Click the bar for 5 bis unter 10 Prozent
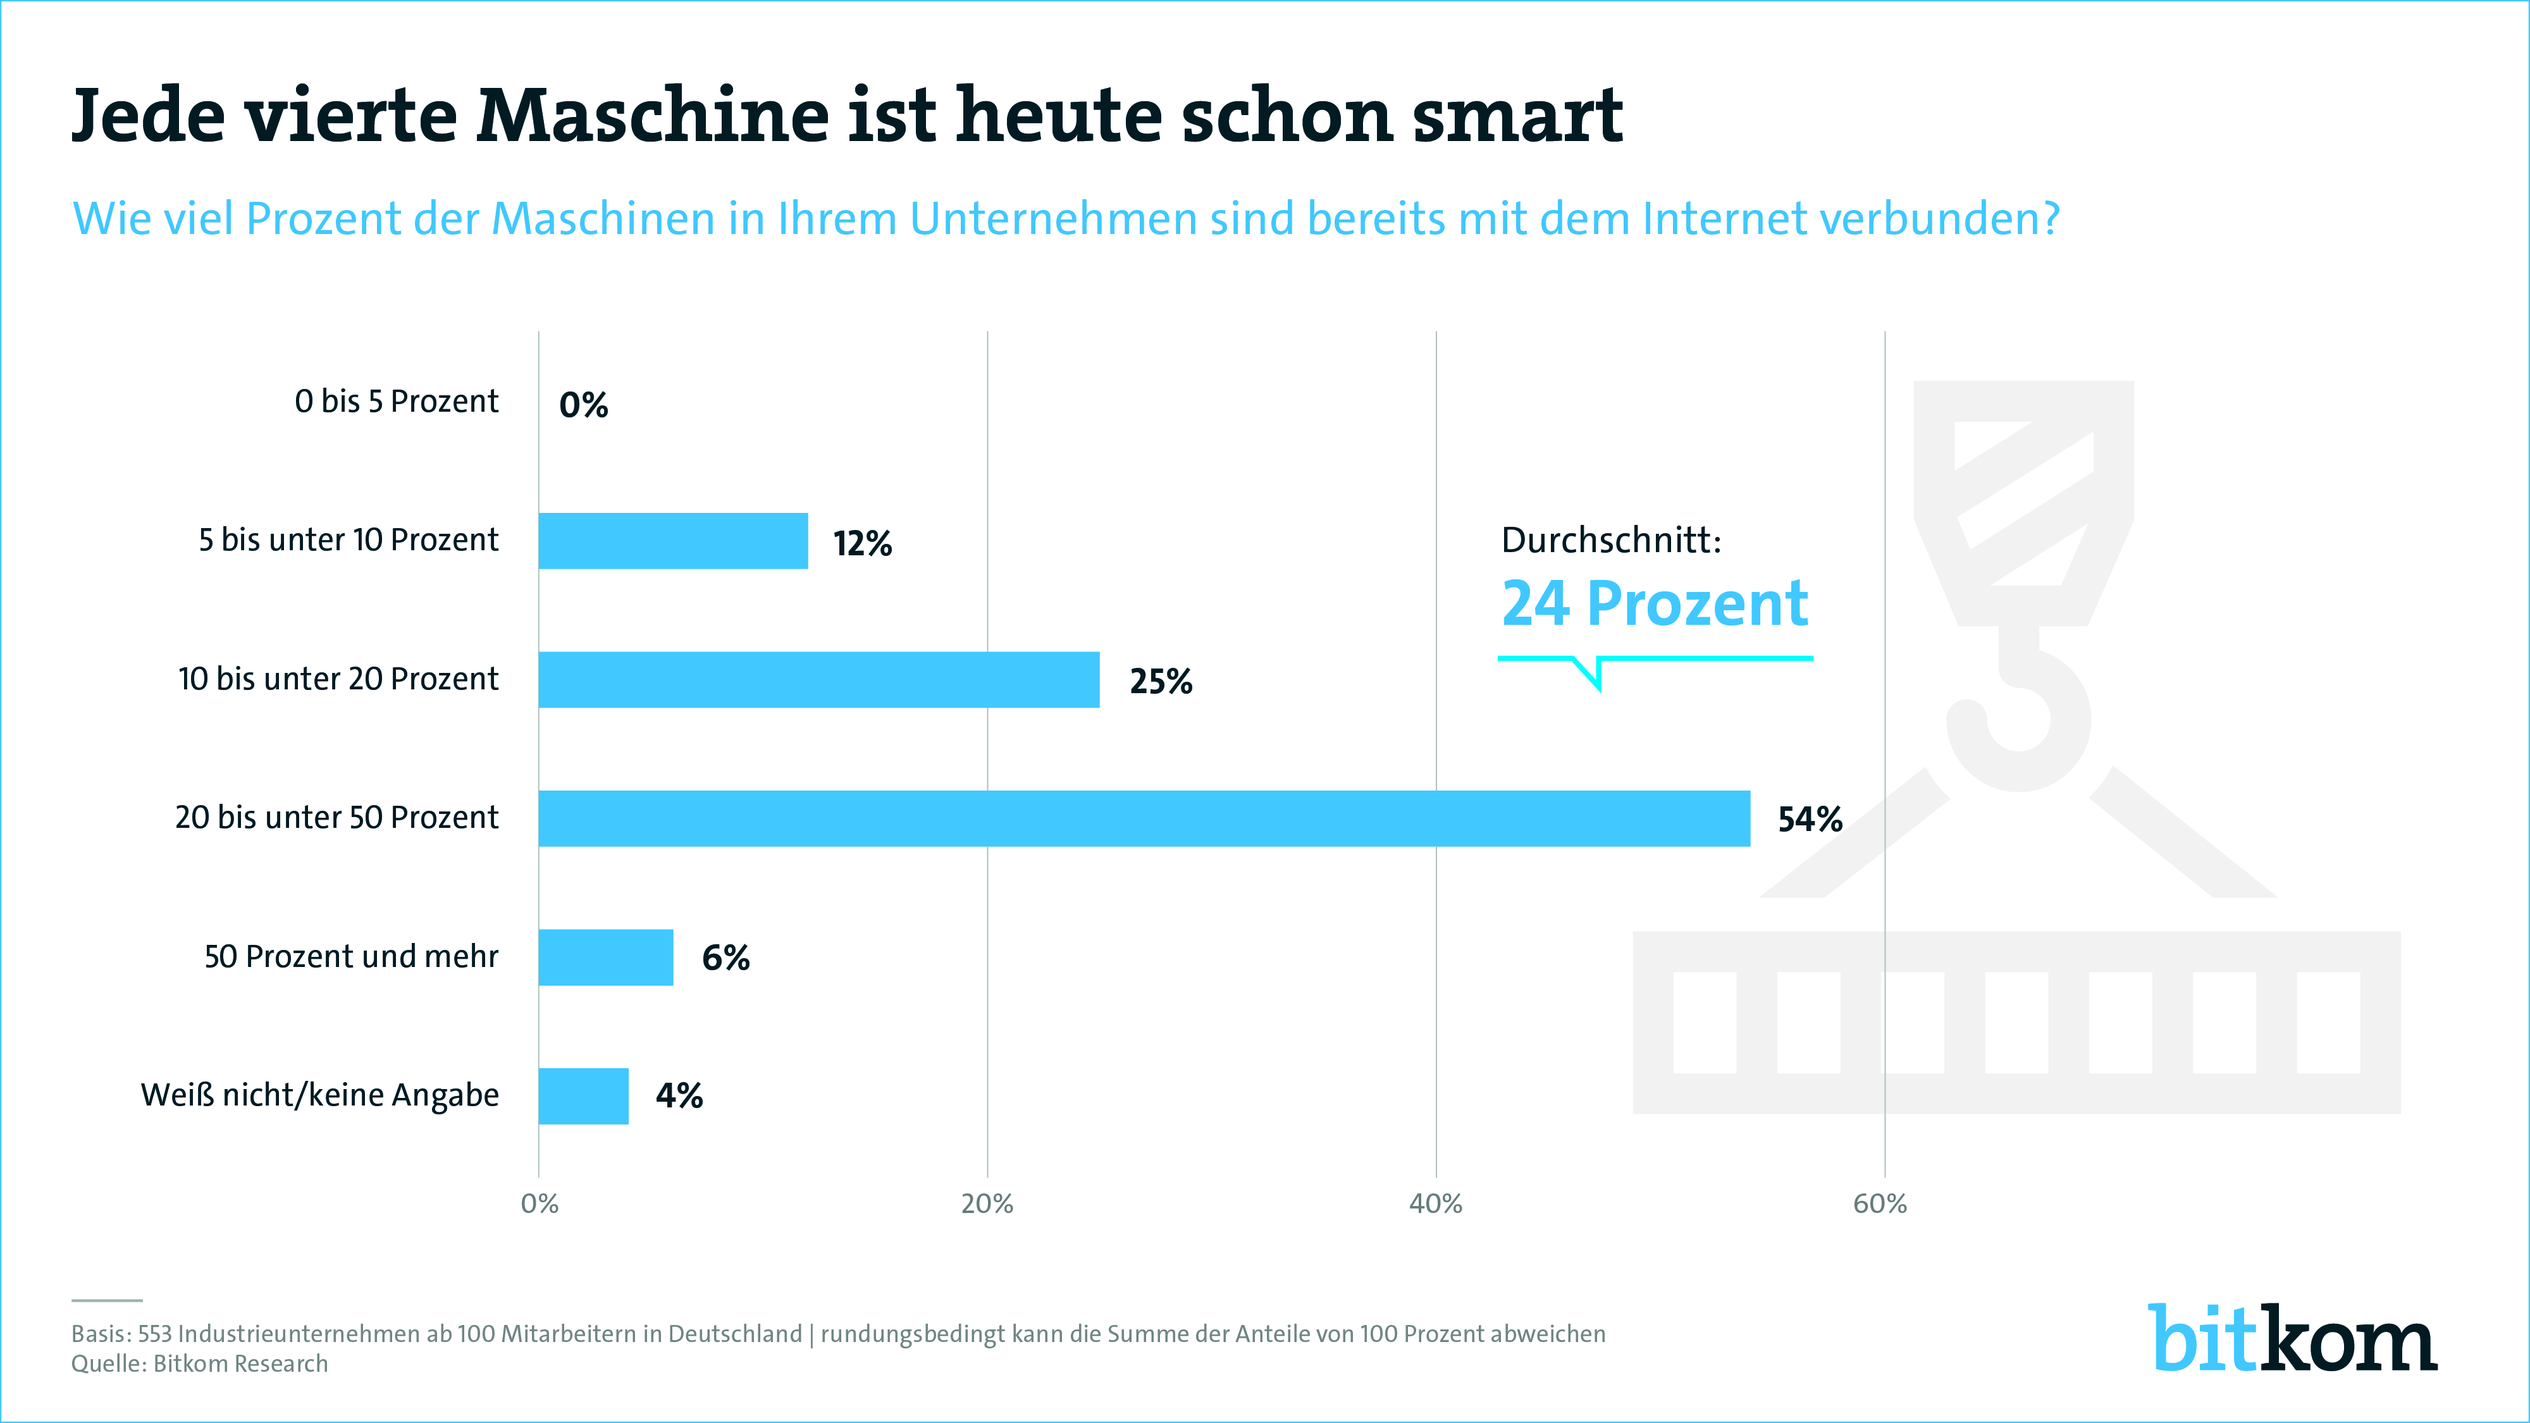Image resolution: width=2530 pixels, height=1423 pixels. click(x=673, y=541)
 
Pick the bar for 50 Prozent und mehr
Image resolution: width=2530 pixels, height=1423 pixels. click(x=605, y=958)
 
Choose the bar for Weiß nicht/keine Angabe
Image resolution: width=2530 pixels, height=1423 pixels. click(x=583, y=1096)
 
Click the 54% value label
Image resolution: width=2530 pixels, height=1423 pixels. click(x=1809, y=819)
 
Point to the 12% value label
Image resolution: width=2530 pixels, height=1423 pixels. click(x=862, y=543)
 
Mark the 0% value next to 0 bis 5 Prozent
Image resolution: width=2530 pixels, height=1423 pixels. click(x=583, y=405)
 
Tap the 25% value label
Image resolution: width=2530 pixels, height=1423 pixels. click(x=1160, y=682)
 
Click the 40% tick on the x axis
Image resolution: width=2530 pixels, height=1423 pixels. click(x=1435, y=1204)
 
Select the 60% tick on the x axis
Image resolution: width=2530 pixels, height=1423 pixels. click(x=1880, y=1204)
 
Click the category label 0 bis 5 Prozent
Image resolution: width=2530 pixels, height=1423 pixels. click(x=396, y=402)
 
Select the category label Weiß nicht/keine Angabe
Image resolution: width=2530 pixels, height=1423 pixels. click(x=319, y=1095)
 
